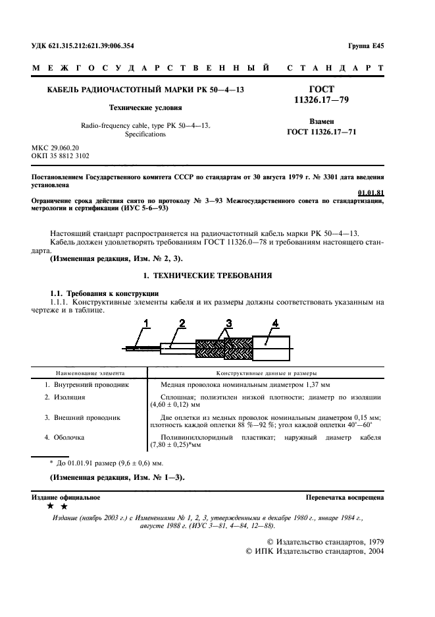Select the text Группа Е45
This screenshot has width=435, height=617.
(x=365, y=45)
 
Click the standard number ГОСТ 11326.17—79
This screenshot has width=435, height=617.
(x=321, y=94)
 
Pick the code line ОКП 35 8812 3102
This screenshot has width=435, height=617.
(x=61, y=156)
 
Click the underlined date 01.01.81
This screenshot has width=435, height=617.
(x=371, y=192)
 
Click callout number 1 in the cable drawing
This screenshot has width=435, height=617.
(x=147, y=322)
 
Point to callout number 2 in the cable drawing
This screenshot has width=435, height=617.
(x=182, y=322)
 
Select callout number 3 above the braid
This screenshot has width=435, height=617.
(x=228, y=322)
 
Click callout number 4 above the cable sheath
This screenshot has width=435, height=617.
(x=276, y=322)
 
